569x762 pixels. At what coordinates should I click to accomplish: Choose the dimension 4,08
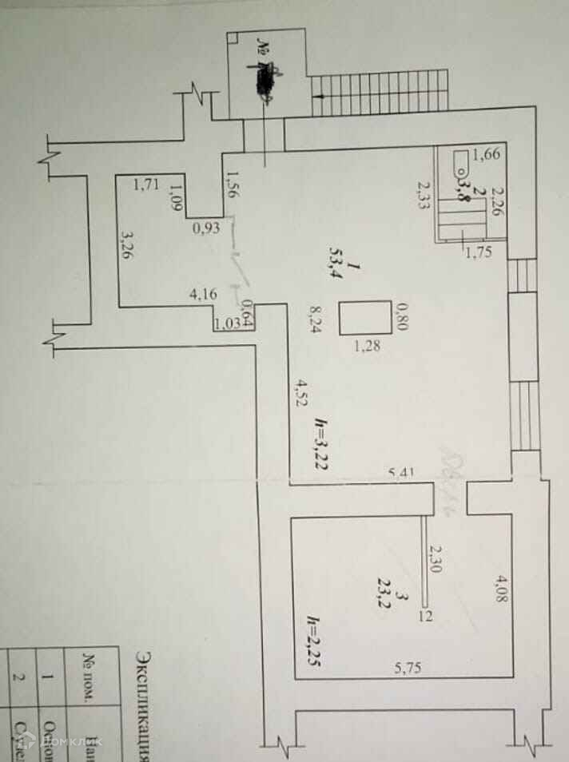(502, 585)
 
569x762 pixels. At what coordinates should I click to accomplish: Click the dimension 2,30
(436, 561)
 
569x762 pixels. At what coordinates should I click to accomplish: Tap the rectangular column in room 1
(365, 317)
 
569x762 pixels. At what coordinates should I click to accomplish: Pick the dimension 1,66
(486, 155)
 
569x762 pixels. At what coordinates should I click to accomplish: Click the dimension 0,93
(206, 228)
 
